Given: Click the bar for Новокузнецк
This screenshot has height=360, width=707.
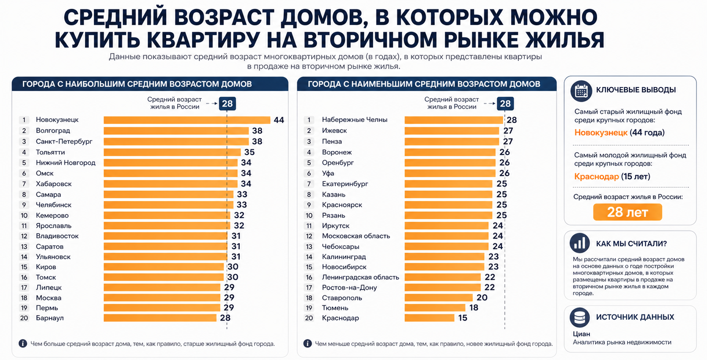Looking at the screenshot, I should [x=186, y=120].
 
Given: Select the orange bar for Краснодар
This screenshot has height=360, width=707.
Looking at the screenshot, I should [x=429, y=318].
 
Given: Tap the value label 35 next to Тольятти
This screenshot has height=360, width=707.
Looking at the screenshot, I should [x=249, y=152].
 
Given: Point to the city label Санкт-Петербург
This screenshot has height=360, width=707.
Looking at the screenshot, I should [x=64, y=141].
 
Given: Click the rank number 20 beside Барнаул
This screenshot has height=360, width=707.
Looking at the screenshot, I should [x=24, y=318].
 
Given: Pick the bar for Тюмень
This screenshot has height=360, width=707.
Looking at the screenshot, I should [x=435, y=308].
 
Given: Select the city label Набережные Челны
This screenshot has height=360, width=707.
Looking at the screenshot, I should [x=354, y=120].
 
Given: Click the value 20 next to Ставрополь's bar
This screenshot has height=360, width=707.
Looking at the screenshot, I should [x=482, y=298].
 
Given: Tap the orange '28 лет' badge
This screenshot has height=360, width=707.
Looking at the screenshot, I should [x=627, y=212].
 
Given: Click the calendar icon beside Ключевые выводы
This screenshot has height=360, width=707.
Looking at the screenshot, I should [x=581, y=91].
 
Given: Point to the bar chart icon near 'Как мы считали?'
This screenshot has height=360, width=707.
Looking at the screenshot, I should [x=580, y=243].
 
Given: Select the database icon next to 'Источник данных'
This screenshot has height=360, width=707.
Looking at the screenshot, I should [x=579, y=317].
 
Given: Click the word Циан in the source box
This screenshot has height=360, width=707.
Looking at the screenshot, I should [x=581, y=334].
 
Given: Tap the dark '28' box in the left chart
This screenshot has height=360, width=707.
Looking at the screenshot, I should [x=227, y=104].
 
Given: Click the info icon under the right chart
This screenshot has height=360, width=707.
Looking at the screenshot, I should [x=307, y=344].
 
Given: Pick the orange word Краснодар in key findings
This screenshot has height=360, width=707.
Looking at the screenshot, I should [x=596, y=176].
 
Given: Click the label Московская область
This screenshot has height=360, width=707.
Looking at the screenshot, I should [x=356, y=236].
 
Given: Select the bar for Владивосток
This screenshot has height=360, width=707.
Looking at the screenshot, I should [x=165, y=236].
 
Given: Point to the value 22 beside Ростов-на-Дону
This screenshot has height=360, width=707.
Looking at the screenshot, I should [x=489, y=287].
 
